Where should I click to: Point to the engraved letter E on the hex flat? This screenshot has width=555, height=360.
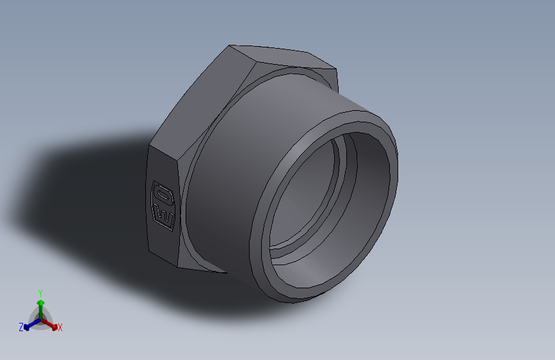click(165, 215)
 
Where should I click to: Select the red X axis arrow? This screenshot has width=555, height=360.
click(53, 324)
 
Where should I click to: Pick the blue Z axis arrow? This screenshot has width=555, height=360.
click(29, 326)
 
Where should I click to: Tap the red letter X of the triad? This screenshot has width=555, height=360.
click(60, 328)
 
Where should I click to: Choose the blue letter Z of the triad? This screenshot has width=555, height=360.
click(21, 327)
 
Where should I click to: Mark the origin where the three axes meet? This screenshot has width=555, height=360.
click(40, 318)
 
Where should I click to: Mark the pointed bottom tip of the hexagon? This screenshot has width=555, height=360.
click(225, 272)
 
